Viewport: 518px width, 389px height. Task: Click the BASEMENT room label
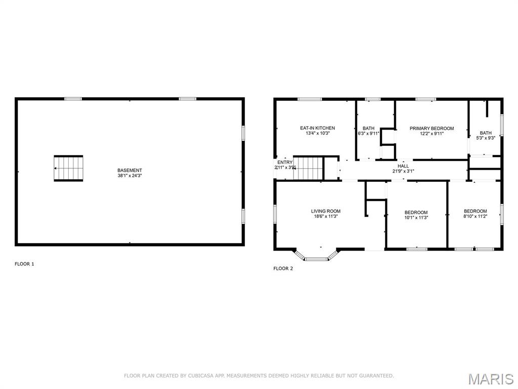(x=129, y=170)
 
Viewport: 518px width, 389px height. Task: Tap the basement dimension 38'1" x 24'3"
(x=129, y=176)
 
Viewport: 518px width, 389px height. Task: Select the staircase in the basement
(x=68, y=168)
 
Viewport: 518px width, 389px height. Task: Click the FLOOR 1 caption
(x=24, y=264)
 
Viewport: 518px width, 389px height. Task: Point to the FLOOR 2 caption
(x=283, y=268)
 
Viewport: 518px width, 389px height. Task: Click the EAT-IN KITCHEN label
(x=318, y=128)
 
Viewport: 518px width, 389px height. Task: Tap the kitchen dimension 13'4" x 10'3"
(x=318, y=133)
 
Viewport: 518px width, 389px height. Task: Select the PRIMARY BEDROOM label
(x=432, y=128)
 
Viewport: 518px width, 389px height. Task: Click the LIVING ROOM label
(x=326, y=211)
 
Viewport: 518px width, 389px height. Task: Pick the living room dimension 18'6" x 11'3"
(x=326, y=216)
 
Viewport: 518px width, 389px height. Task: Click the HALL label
(x=403, y=166)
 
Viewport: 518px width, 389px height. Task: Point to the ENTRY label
(x=285, y=163)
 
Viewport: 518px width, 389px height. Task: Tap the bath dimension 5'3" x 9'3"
(x=486, y=138)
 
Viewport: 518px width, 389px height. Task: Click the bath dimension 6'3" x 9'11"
(x=368, y=134)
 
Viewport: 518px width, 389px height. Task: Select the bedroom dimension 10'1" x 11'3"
(x=416, y=218)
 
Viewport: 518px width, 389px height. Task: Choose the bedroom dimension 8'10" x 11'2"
(x=476, y=216)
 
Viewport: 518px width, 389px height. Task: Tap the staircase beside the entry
(x=308, y=168)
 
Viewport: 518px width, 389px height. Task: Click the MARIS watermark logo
(x=491, y=379)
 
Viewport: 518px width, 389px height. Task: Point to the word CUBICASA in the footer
(x=201, y=376)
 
